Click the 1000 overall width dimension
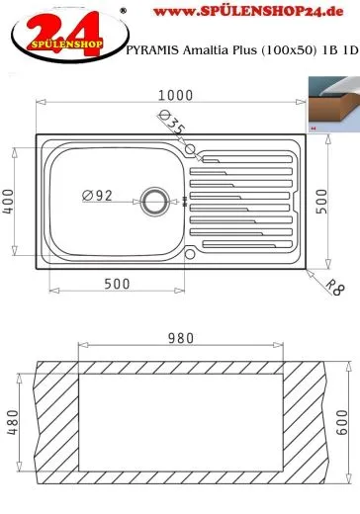[x=175, y=95]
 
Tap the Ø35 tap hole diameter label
[x=172, y=122]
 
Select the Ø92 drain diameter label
[x=97, y=196]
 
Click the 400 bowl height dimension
[x=8, y=202]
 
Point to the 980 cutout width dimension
[x=181, y=338]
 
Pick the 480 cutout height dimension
[x=13, y=422]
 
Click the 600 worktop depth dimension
[x=342, y=422]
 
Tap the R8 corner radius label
[x=335, y=288]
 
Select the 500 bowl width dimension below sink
[x=117, y=284]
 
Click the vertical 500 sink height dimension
[x=321, y=202]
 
